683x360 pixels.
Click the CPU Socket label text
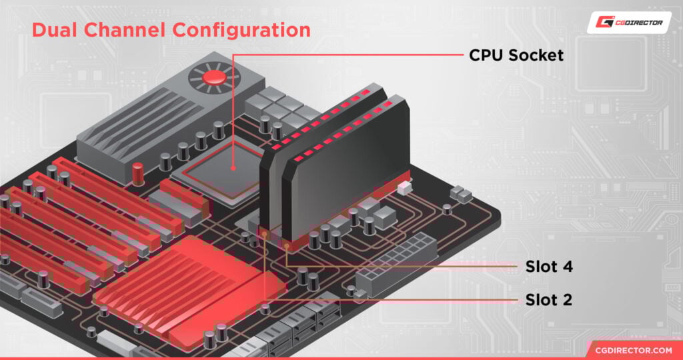click(516, 55)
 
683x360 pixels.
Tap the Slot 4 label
click(545, 267)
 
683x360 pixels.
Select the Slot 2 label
click(545, 300)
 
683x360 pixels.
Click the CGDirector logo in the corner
click(629, 22)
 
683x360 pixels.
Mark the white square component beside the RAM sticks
click(402, 189)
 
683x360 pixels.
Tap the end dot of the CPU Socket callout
click(233, 167)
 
